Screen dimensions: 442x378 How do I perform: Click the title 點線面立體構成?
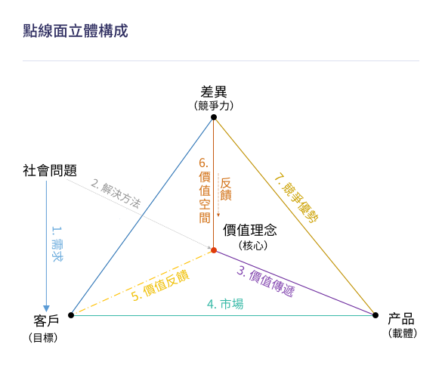[x=76, y=31]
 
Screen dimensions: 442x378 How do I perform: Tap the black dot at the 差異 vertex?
[x=214, y=117]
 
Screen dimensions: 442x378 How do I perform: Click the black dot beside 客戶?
[x=71, y=315]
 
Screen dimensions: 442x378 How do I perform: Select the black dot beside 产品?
[x=376, y=315]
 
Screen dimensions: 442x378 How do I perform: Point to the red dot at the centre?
[x=214, y=250]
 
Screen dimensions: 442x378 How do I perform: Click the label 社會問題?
[x=50, y=170]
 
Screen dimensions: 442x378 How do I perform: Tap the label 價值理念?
[x=250, y=230]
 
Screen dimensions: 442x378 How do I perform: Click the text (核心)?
[x=253, y=246]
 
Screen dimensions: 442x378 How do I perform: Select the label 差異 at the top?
[x=214, y=92]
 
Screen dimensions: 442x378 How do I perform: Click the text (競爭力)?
[x=214, y=106]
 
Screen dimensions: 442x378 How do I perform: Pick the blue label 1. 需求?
[x=57, y=243]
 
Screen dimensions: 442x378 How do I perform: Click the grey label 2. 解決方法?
[x=116, y=194]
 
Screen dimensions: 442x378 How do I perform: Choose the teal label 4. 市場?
[x=225, y=304]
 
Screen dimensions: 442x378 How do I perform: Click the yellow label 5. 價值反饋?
[x=160, y=285]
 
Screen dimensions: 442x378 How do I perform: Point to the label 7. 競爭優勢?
[x=296, y=198]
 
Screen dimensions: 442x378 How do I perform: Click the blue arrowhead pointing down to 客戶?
[x=47, y=308]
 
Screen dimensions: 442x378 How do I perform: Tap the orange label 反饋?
[x=226, y=189]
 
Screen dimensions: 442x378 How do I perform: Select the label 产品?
[x=401, y=319]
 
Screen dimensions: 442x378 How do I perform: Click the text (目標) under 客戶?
[x=43, y=338]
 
